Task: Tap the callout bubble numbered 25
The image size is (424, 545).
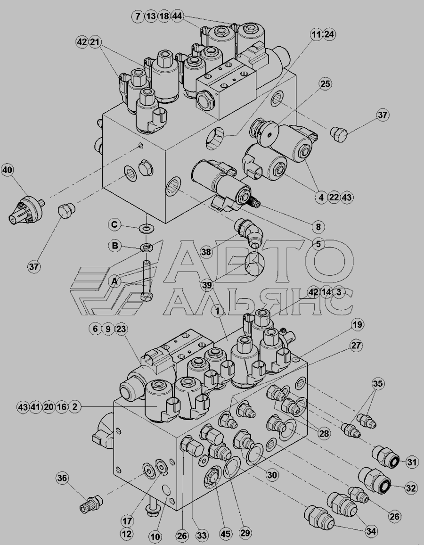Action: pos(325,84)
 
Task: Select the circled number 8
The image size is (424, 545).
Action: pos(318,227)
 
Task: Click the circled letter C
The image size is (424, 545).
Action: pos(114,225)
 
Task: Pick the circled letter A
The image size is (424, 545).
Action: pos(114,281)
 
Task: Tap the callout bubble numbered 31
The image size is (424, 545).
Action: pos(412,462)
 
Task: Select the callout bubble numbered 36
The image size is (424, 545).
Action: pos(63,478)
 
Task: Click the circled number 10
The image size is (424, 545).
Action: pos(156,536)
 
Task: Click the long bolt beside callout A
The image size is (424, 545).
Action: pos(146,281)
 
